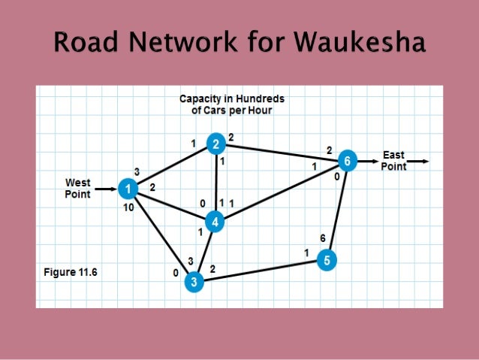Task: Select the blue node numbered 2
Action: [x=216, y=144]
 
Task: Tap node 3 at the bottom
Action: [x=194, y=282]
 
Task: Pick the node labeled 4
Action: [x=215, y=222]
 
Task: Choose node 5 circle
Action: [x=326, y=260]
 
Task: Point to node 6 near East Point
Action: [x=346, y=160]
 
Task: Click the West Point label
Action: [x=78, y=189]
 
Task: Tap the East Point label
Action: [x=393, y=161]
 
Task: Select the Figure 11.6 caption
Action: [x=68, y=273]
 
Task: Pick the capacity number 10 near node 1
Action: [x=128, y=207]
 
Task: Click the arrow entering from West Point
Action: [x=105, y=188]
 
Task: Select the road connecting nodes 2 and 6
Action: [x=282, y=153]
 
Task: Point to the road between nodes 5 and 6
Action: [x=336, y=210]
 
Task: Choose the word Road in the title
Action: [x=83, y=44]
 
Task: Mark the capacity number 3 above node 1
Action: [x=137, y=171]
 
